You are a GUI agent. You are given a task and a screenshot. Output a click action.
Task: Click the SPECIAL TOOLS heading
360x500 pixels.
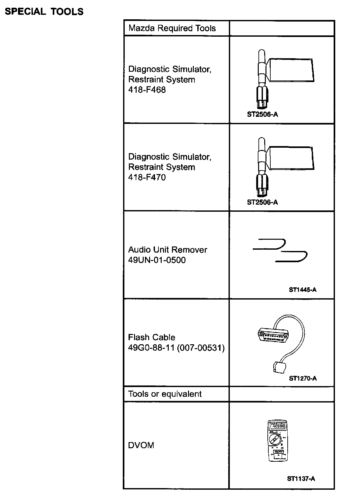click(x=44, y=12)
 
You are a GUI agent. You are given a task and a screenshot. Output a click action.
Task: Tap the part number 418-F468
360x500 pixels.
click(x=147, y=90)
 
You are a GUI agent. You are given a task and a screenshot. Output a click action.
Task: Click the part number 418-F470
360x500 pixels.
click(x=147, y=177)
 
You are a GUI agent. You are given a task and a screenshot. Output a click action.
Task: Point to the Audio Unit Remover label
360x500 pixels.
click(x=168, y=250)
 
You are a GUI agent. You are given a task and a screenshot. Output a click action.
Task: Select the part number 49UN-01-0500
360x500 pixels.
click(x=157, y=260)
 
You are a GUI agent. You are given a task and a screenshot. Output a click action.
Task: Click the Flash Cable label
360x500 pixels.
click(x=152, y=337)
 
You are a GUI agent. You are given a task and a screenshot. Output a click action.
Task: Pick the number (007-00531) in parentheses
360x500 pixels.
click(x=201, y=348)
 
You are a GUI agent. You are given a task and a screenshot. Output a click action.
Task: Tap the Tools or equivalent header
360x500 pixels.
click(x=165, y=394)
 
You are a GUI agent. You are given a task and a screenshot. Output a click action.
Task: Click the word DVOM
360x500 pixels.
click(x=141, y=445)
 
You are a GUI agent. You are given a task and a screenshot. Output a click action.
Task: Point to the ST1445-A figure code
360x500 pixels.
click(x=303, y=290)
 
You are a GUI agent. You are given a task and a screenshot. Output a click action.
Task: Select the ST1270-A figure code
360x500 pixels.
click(x=303, y=378)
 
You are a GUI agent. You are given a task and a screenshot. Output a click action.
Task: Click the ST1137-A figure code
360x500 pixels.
click(x=301, y=478)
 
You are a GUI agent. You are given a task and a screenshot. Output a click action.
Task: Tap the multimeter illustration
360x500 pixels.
click(x=278, y=441)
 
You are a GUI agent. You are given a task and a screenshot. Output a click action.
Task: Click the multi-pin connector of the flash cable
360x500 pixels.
click(x=273, y=335)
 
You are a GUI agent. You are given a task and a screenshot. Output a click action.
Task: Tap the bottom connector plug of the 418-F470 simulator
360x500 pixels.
click(x=262, y=186)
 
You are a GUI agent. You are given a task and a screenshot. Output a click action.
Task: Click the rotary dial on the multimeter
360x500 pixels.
click(x=274, y=440)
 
